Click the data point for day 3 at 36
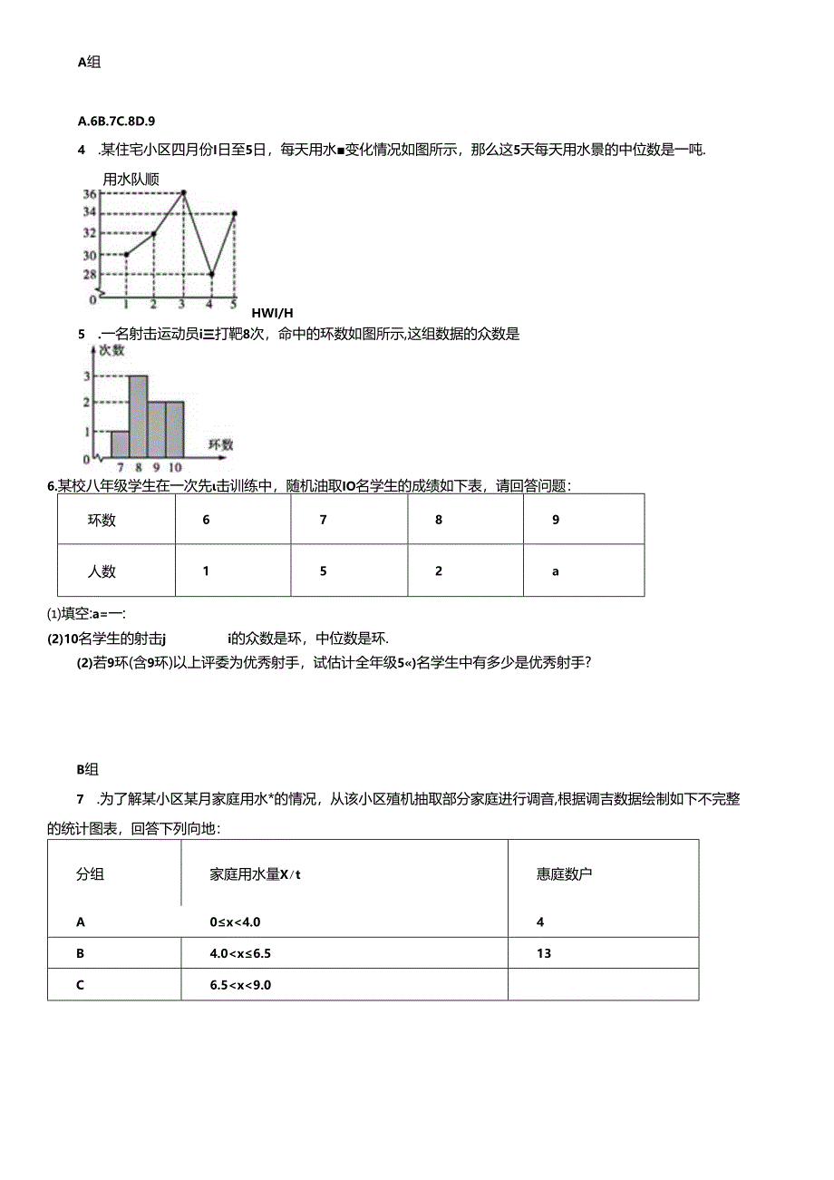click(183, 192)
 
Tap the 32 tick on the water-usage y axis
click(90, 233)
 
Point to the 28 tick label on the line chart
click(90, 274)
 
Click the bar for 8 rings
click(138, 416)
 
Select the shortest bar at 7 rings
click(120, 444)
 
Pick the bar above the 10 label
click(175, 430)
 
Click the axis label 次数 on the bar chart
click(112, 350)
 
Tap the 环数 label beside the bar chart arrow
click(220, 444)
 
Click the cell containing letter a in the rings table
click(556, 571)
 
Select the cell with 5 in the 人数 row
click(323, 571)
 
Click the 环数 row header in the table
click(102, 521)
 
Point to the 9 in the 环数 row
click(556, 521)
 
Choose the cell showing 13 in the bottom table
click(544, 953)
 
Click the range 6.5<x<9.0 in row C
click(240, 984)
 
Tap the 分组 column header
click(90, 874)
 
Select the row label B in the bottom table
click(81, 953)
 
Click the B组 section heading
click(88, 769)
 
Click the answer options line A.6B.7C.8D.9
click(117, 120)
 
